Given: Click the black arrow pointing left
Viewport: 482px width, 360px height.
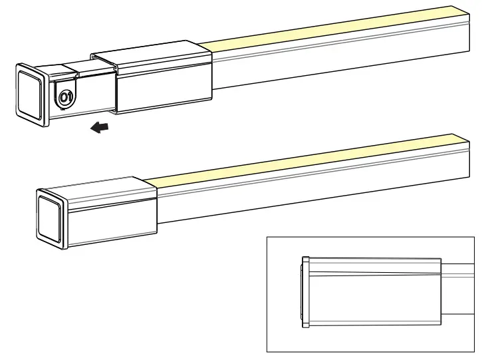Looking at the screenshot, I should click(x=100, y=127).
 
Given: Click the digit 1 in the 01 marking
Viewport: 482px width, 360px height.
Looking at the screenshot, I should click(x=68, y=97).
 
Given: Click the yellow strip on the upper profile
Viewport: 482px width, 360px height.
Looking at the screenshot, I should click(x=332, y=29).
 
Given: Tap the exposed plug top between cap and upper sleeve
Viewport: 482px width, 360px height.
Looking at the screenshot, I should click(x=76, y=67).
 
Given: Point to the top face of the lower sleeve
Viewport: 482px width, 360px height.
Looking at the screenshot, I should click(x=100, y=186).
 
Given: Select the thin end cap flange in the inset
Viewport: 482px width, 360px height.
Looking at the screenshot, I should click(x=306, y=293).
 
